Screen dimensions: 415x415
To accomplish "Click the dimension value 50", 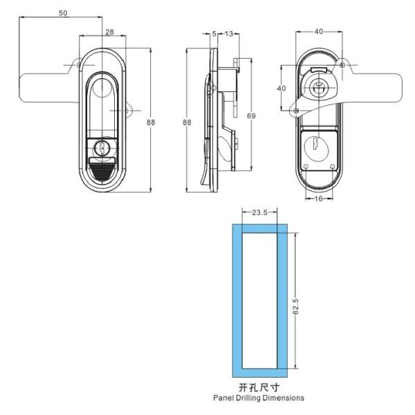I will [63, 14].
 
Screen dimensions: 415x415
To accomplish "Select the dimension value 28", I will [109, 32].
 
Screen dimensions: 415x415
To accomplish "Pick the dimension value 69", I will [251, 116].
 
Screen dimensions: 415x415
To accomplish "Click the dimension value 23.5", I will [260, 213].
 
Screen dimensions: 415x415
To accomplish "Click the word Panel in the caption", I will [227, 398].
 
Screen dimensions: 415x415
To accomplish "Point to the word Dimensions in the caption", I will [285, 398].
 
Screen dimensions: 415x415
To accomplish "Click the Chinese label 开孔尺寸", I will [259, 387].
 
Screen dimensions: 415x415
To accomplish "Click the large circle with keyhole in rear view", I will [317, 147].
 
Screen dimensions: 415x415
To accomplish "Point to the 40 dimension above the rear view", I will [318, 32].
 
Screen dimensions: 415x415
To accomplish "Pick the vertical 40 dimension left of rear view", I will [282, 89].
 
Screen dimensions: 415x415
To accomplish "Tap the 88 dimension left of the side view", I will [187, 122].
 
